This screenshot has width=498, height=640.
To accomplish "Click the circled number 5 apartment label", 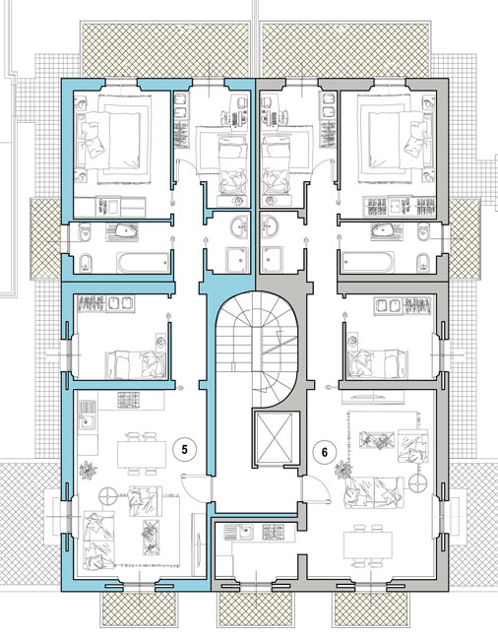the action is pyautogui.click(x=184, y=450).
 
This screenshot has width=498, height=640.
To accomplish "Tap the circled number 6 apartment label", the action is pyautogui.click(x=324, y=452).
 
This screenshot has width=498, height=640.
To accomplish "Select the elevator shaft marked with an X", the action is pyautogui.click(x=274, y=437).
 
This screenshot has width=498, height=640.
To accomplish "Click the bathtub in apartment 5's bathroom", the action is pyautogui.click(x=143, y=263).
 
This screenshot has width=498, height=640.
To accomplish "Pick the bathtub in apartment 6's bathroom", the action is pyautogui.click(x=368, y=262).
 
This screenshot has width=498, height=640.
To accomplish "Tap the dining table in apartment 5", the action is pyautogui.click(x=142, y=454).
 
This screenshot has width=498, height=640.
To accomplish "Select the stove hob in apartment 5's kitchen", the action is pyautogui.click(x=129, y=400).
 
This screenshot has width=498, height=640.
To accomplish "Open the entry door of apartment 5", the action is pyautogui.click(x=197, y=487).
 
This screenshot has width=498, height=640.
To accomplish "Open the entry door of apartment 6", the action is pyautogui.click(x=315, y=489).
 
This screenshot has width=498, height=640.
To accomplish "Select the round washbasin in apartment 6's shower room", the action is pyautogui.click(x=270, y=226).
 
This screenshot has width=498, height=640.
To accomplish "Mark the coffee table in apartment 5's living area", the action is pyautogui.click(x=150, y=538).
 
